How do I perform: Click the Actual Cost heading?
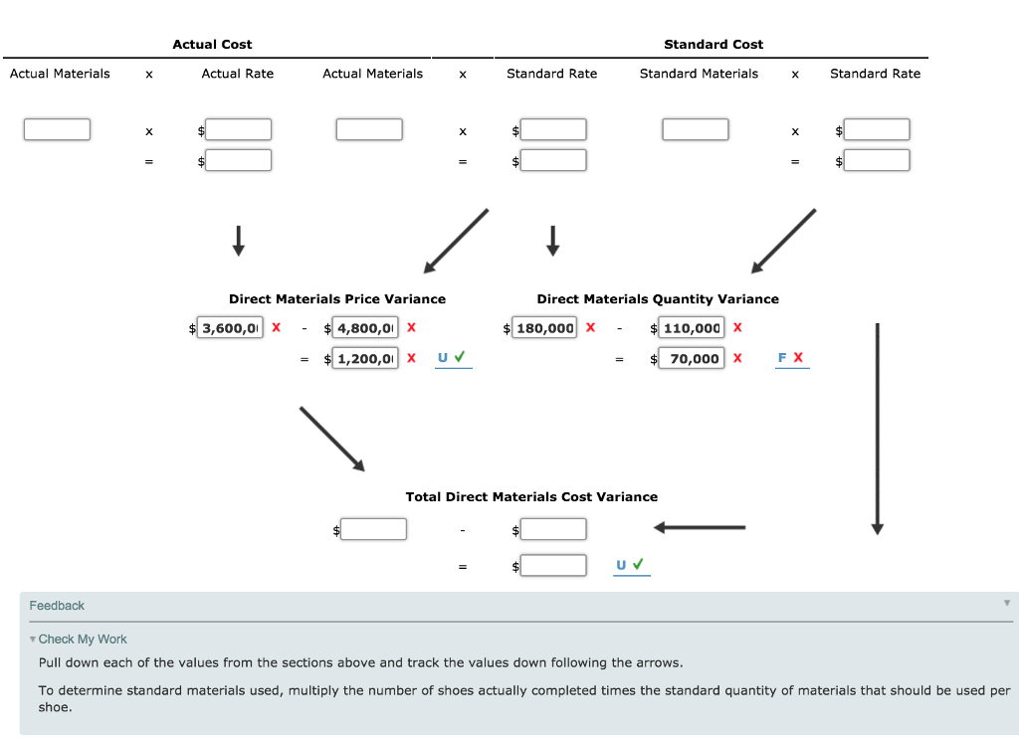click(212, 45)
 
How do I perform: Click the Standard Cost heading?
click(713, 45)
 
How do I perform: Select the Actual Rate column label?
click(237, 74)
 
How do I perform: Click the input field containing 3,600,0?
click(231, 328)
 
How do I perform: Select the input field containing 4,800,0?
click(365, 328)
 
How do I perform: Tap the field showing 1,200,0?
click(365, 359)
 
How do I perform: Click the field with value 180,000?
click(544, 328)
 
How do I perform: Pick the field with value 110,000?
click(691, 328)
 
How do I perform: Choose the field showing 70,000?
click(691, 359)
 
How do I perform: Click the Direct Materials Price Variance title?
click(337, 299)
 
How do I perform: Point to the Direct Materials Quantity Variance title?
click(658, 299)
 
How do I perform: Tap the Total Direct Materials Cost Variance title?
click(531, 497)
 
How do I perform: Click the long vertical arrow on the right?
click(877, 428)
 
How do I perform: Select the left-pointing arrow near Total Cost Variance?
click(699, 528)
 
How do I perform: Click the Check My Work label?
click(83, 640)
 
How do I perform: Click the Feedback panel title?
click(57, 606)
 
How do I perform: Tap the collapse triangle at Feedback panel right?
click(1006, 603)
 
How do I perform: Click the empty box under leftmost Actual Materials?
click(57, 130)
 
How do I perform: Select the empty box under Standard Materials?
click(696, 130)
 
